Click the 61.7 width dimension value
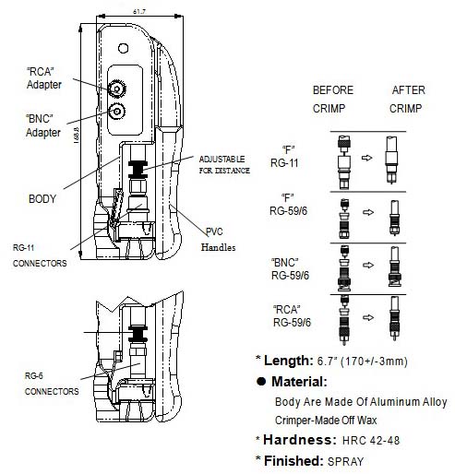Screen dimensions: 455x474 click(x=139, y=12)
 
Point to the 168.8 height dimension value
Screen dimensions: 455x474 click(x=77, y=136)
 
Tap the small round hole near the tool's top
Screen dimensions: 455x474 click(x=123, y=48)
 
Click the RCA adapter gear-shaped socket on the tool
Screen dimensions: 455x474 click(x=117, y=89)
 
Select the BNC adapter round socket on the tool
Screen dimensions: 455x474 click(x=117, y=112)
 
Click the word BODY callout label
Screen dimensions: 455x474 click(x=42, y=199)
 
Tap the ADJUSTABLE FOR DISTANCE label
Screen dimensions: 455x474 click(x=224, y=165)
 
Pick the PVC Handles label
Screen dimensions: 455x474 click(x=219, y=240)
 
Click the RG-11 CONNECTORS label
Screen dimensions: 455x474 click(x=40, y=255)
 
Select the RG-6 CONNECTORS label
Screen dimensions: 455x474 click(x=52, y=384)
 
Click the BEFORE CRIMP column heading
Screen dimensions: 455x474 click(x=333, y=100)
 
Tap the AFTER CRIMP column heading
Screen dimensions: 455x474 click(x=407, y=100)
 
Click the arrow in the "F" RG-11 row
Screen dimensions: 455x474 click(x=366, y=158)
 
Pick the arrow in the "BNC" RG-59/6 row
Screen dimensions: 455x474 click(x=368, y=265)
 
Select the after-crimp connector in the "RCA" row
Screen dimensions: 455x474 click(x=394, y=318)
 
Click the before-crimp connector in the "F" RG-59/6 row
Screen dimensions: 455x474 click(x=344, y=219)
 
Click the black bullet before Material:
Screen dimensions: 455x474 click(x=261, y=382)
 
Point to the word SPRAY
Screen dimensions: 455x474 click(x=345, y=461)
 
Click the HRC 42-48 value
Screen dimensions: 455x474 click(x=371, y=440)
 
